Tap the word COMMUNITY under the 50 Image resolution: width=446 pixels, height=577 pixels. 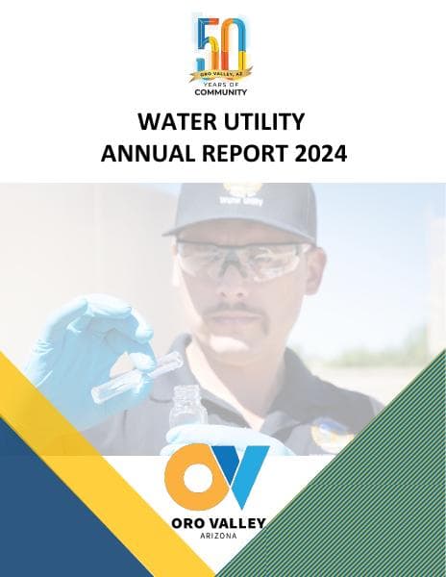click(x=222, y=93)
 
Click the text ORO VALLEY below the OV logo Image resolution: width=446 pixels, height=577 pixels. click(x=222, y=523)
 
